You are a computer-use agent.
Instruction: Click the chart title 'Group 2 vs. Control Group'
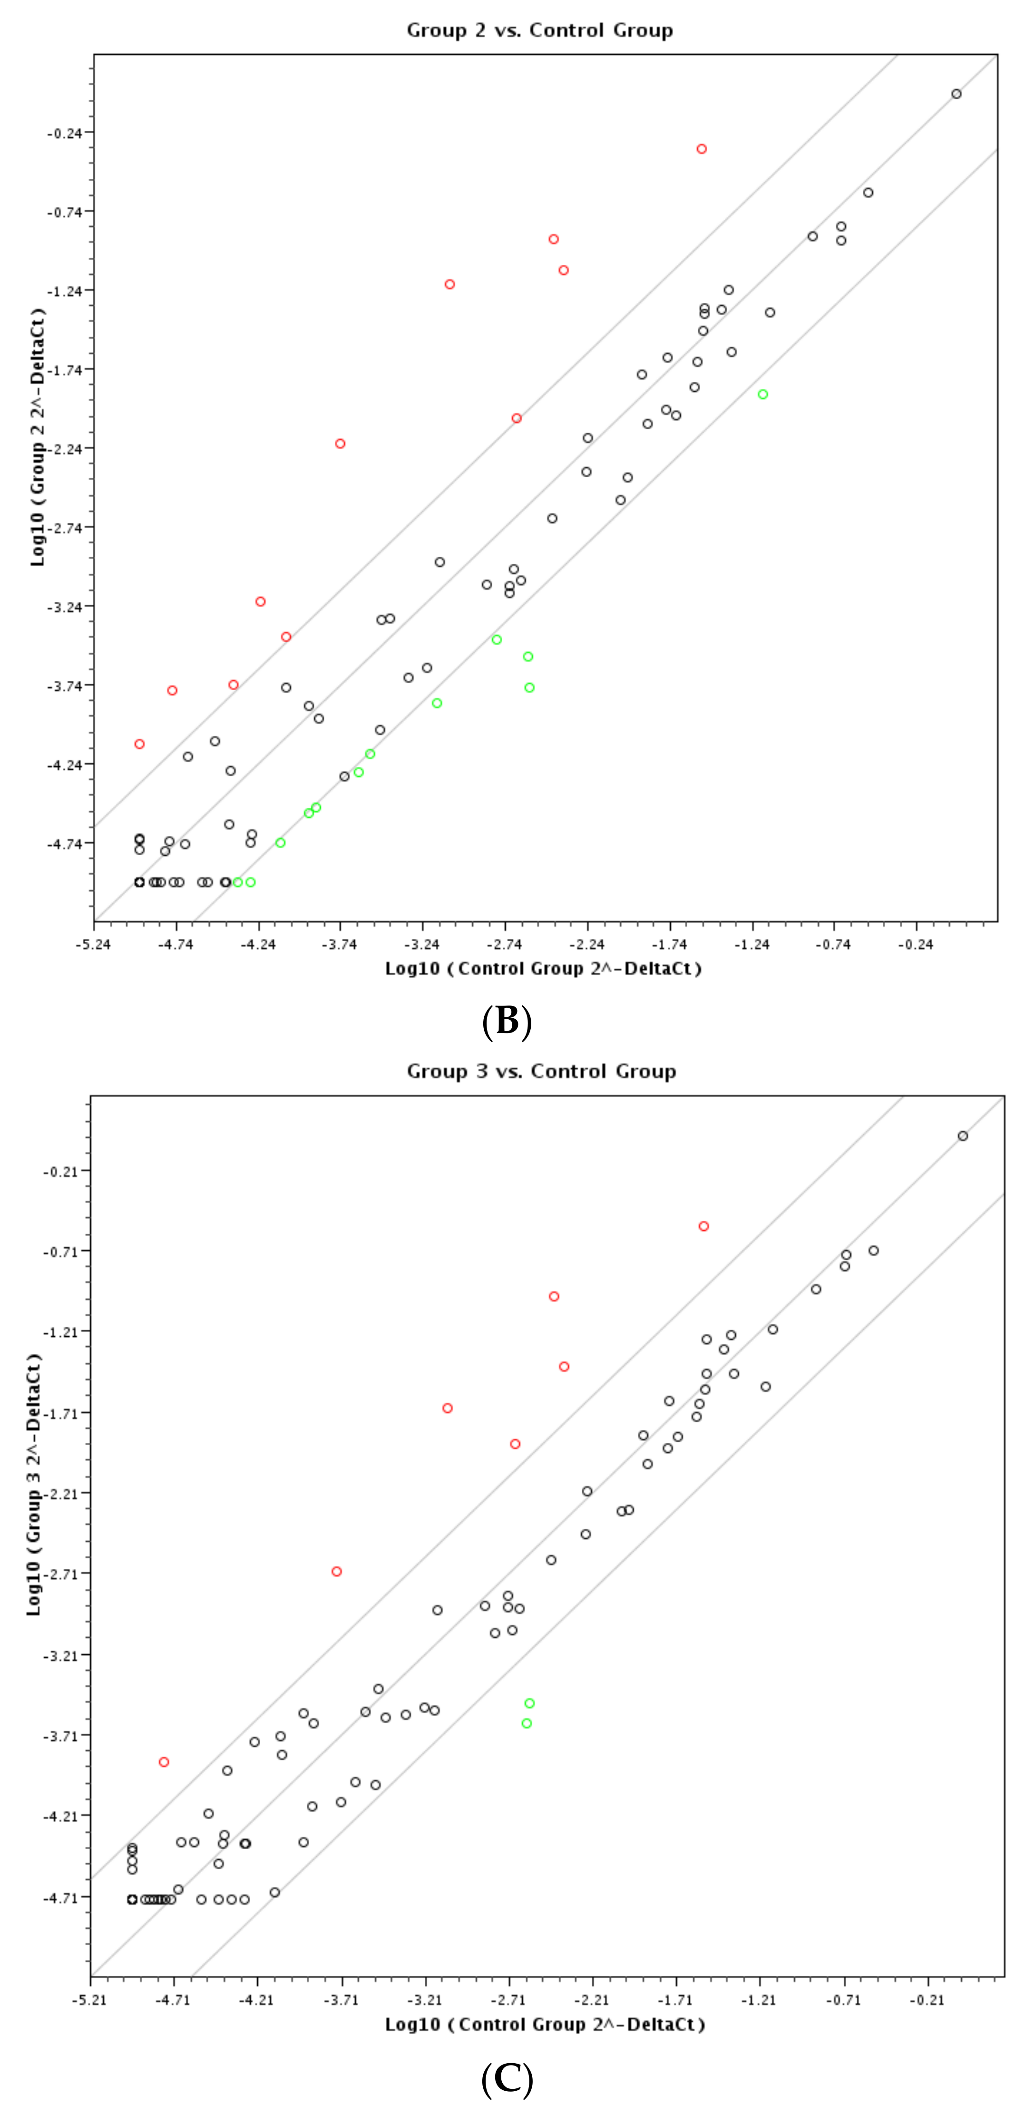coord(539,30)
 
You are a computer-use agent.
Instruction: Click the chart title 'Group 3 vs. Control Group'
coord(541,1072)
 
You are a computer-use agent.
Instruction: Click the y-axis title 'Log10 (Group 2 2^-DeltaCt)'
coord(37,437)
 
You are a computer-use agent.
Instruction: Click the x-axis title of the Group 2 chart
coord(543,969)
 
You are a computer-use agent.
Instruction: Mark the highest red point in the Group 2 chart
coord(702,149)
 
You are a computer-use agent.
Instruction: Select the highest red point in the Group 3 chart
coord(704,1227)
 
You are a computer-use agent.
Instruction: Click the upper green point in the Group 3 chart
coord(530,1704)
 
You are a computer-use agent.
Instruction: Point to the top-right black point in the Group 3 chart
coord(963,1136)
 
